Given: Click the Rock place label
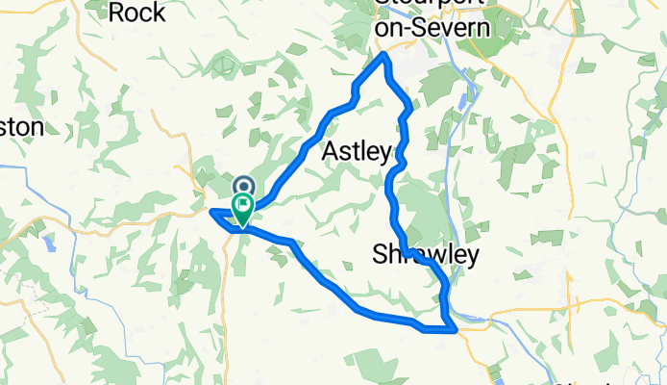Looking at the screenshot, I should pyautogui.click(x=138, y=13).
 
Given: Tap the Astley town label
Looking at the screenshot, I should pyautogui.click(x=357, y=151).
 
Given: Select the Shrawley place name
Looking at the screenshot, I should pyautogui.click(x=425, y=254).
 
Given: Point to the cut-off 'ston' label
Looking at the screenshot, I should pyautogui.click(x=21, y=127).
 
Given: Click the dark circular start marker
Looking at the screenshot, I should pyautogui.click(x=243, y=185).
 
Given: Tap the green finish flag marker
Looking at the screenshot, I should pyautogui.click(x=243, y=204).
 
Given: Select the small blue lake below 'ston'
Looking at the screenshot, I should pyautogui.click(x=50, y=242).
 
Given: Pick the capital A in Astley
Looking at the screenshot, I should pyautogui.click(x=331, y=151).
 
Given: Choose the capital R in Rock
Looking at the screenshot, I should pyautogui.click(x=119, y=13).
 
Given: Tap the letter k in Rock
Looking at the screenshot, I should pyautogui.click(x=159, y=13).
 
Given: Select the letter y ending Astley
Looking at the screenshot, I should pyautogui.click(x=385, y=154).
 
